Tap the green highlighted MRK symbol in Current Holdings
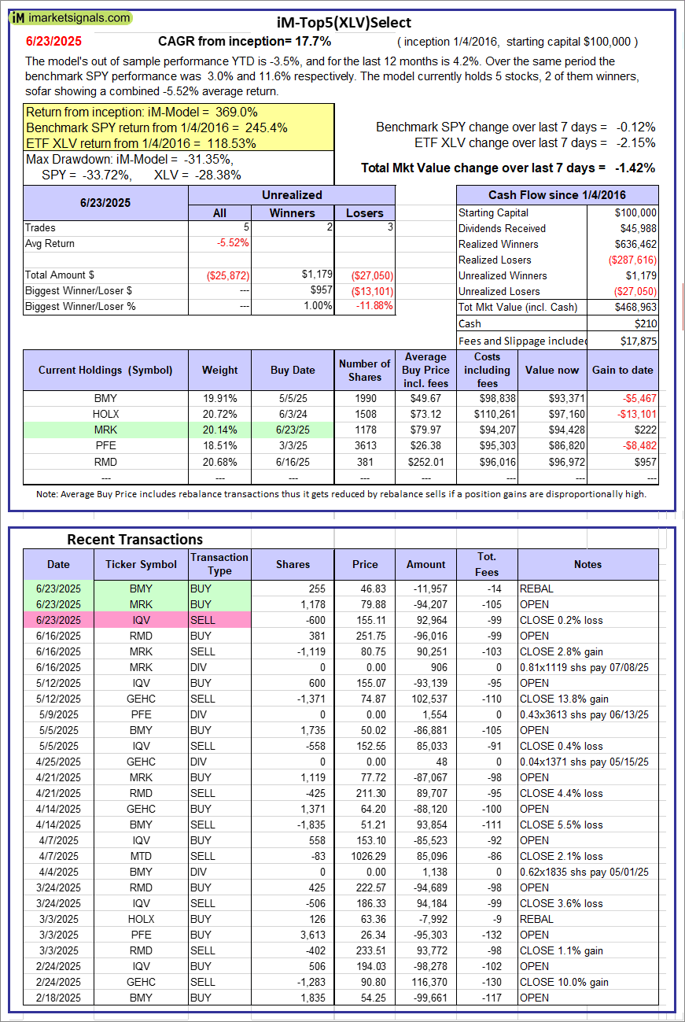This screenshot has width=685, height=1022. (x=105, y=430)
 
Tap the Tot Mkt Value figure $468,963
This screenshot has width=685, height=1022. (x=635, y=307)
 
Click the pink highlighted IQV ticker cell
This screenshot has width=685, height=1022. (x=141, y=620)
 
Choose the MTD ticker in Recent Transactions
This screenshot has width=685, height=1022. (x=141, y=856)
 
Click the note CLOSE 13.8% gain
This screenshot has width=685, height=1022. (x=561, y=699)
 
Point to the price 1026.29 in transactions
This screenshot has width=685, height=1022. (x=365, y=856)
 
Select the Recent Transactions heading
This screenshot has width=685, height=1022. (x=134, y=539)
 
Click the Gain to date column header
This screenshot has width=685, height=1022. (x=622, y=370)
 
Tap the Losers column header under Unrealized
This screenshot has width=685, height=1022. (x=365, y=212)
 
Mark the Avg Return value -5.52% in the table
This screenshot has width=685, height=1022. (x=233, y=243)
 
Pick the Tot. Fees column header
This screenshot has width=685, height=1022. (x=487, y=564)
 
